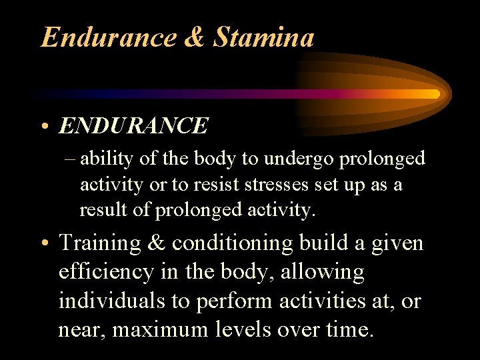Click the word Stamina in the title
click(263, 37)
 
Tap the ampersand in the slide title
click(193, 37)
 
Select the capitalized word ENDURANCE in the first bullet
click(133, 125)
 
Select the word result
click(101, 210)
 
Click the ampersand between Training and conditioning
click(157, 243)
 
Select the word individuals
click(111, 301)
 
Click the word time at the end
click(347, 329)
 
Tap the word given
click(399, 244)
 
